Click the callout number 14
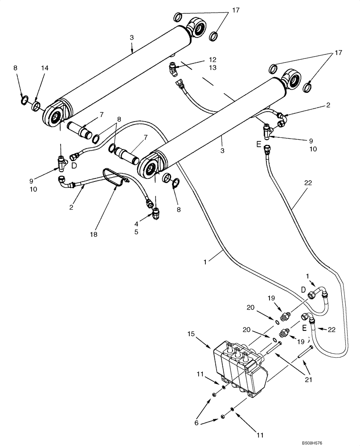coord(45,68)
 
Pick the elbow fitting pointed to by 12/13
coord(173,69)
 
